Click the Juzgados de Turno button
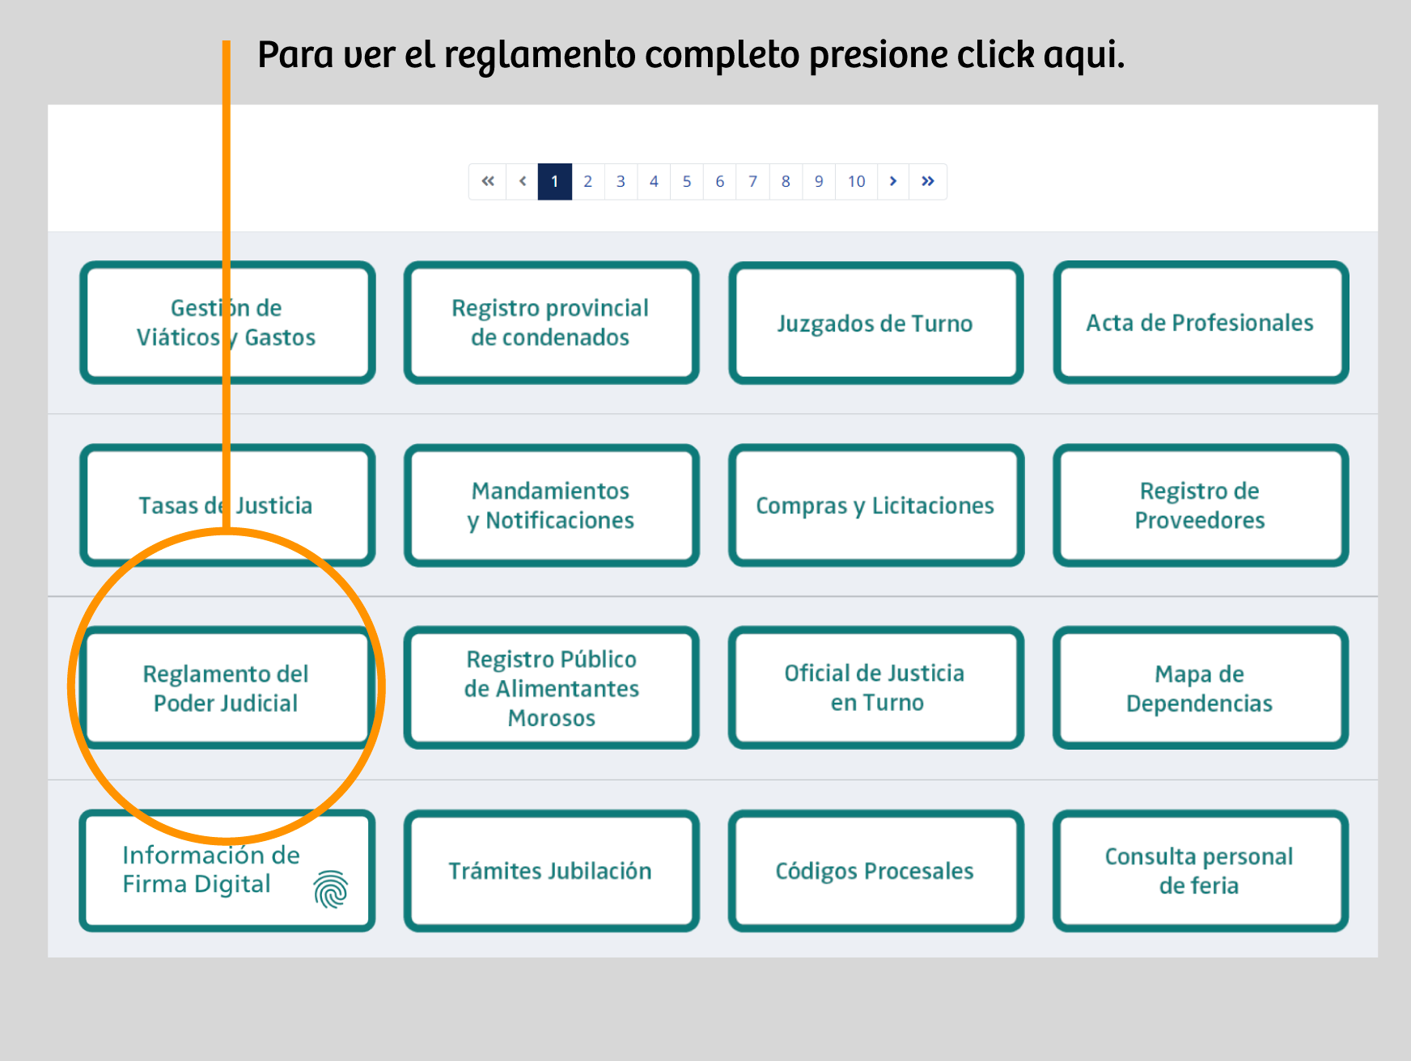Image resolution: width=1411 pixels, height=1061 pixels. (x=876, y=323)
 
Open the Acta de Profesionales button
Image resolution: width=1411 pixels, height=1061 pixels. (x=1201, y=322)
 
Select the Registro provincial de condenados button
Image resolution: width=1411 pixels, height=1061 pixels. (x=551, y=322)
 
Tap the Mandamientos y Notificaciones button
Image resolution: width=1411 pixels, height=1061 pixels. (x=551, y=505)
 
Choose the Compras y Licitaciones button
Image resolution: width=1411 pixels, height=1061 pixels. (x=876, y=505)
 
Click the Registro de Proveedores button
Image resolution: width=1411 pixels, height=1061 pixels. (x=1201, y=505)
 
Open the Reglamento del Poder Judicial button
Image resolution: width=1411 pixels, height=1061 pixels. (x=227, y=687)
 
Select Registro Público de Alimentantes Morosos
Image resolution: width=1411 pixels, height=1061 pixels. (x=551, y=687)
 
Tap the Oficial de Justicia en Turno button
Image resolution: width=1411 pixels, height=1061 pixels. (x=876, y=687)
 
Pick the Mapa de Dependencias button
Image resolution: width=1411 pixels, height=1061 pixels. (x=1201, y=687)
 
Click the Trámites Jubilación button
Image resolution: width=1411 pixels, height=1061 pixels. (x=551, y=870)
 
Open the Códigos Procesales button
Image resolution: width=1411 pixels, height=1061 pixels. (x=876, y=870)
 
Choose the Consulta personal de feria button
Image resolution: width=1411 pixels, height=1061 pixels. (x=1201, y=870)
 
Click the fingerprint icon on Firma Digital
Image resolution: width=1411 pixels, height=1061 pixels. (x=331, y=890)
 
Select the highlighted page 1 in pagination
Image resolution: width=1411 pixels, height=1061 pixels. (x=555, y=181)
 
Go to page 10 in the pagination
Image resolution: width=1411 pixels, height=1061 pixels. (x=856, y=181)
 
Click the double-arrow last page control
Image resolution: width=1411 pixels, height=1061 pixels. (x=928, y=181)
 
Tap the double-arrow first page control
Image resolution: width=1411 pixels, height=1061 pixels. (x=488, y=181)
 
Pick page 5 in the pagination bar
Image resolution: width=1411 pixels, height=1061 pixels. (x=687, y=181)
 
